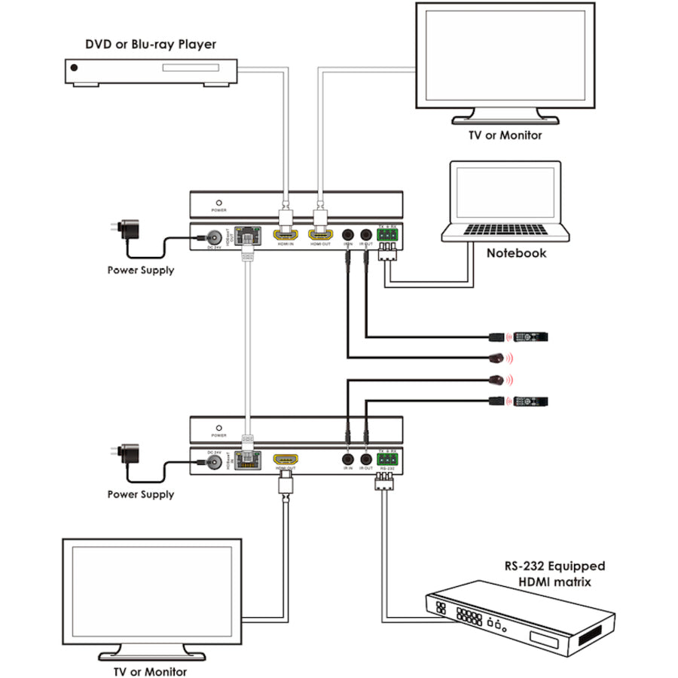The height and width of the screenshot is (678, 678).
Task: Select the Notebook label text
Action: (516, 253)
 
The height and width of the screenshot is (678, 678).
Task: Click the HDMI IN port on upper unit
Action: (286, 235)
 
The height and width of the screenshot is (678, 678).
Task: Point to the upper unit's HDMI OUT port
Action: (321, 235)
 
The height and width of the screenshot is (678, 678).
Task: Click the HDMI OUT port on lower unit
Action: (286, 460)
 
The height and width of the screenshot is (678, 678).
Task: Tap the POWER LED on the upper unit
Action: (218, 204)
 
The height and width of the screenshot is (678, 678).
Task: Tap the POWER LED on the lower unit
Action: (218, 427)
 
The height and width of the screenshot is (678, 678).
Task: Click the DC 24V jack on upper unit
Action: (215, 236)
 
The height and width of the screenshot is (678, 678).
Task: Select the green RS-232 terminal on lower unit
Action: (387, 458)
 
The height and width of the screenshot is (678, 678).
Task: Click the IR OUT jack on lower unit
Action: (366, 460)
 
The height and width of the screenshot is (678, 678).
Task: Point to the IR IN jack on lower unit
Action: (348, 460)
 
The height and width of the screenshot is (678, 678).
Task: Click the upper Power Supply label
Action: (140, 270)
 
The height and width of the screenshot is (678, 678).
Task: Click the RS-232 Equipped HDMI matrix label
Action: (554, 574)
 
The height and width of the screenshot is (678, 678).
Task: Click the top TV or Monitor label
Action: (504, 136)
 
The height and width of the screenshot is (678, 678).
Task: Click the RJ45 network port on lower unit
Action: (246, 460)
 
